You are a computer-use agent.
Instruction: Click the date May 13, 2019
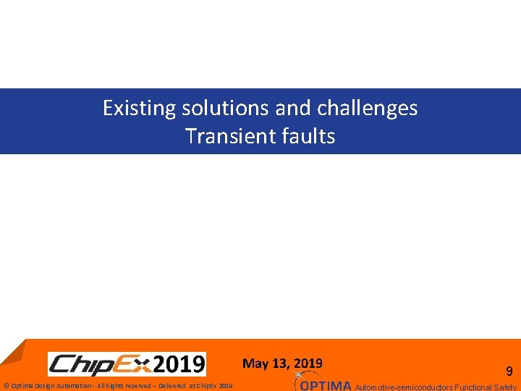click(282, 363)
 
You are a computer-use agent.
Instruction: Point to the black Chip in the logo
click(80, 364)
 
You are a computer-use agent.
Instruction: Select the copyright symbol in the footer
click(6, 386)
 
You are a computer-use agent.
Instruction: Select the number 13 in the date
click(278, 363)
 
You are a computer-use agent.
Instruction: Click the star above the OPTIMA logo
click(299, 374)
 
